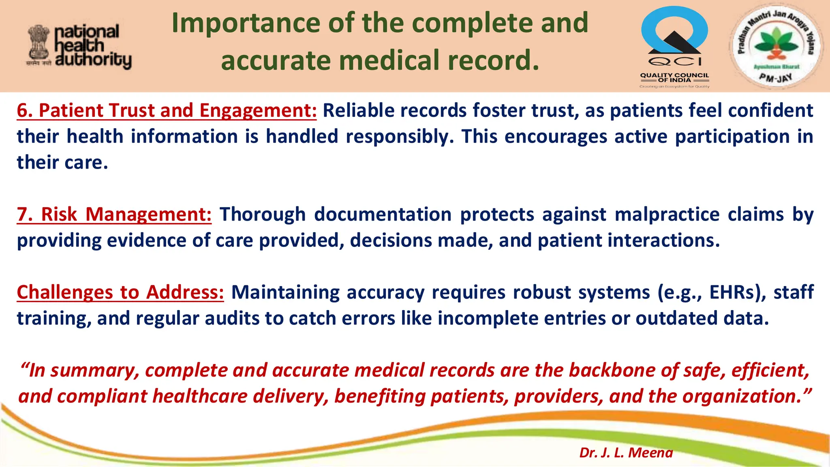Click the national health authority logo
[x=79, y=46]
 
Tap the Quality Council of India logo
[x=674, y=46]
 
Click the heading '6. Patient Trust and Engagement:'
[x=167, y=111]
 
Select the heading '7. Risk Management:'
[x=114, y=214]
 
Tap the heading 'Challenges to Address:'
[x=120, y=292]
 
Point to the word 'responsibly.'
[x=400, y=137]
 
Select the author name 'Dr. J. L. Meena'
[x=626, y=452]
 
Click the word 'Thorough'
[x=262, y=214]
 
